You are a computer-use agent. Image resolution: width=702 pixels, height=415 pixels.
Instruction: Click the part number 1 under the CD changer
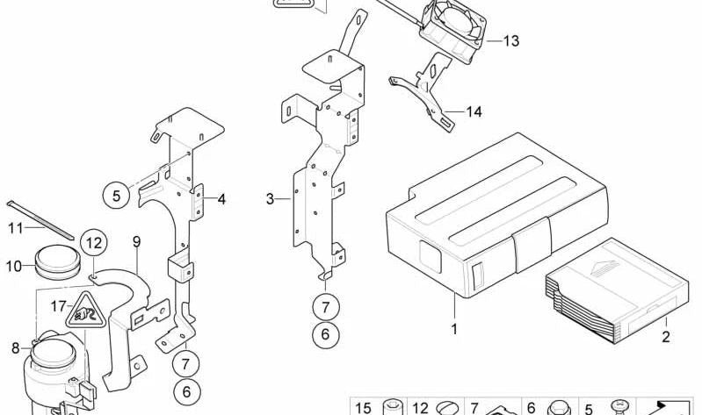pos(454,329)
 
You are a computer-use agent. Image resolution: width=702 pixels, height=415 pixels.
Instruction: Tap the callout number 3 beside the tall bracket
pos(271,199)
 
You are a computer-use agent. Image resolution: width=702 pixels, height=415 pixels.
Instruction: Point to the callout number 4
pos(221,199)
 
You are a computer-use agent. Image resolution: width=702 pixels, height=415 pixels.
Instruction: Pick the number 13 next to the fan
pos(510,41)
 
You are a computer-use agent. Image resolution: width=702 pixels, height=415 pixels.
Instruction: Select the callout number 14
pos(474,111)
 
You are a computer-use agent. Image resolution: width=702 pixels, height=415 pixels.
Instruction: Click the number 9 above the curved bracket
pos(136,241)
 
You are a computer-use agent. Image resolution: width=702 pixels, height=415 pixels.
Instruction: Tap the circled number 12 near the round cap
pos(94,242)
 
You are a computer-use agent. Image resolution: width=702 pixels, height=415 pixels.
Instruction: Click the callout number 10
pos(14,265)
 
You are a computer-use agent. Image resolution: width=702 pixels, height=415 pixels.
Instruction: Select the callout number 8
pos(15,348)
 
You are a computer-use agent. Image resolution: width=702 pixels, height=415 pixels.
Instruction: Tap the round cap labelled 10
pos(56,262)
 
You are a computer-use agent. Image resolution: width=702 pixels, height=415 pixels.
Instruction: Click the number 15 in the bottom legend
pos(363,408)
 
